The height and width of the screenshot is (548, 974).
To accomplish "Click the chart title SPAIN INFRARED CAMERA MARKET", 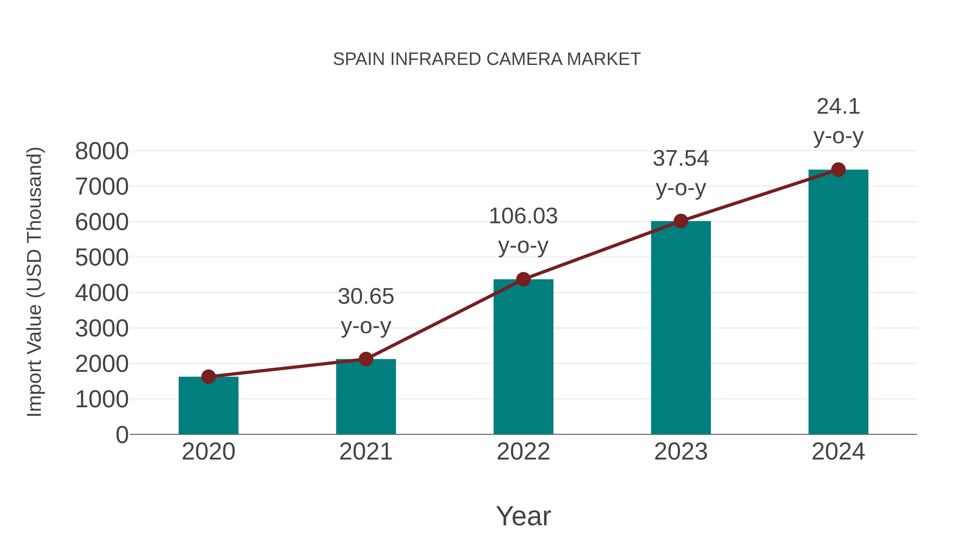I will point(487,59).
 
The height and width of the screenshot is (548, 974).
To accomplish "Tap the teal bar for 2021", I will point(366,397).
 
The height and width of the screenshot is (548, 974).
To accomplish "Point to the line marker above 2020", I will point(208,377).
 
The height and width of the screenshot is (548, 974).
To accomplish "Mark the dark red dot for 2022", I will point(523,280).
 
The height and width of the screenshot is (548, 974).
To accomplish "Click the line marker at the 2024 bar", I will point(838,170).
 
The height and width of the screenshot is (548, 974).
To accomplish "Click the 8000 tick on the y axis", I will point(102,151).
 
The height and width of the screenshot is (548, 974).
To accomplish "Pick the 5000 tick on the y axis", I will point(102,258).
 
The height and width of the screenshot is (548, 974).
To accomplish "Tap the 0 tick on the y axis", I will point(122,435).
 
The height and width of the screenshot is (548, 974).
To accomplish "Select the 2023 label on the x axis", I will point(681,452).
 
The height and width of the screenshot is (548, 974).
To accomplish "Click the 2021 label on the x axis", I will point(366,452).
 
